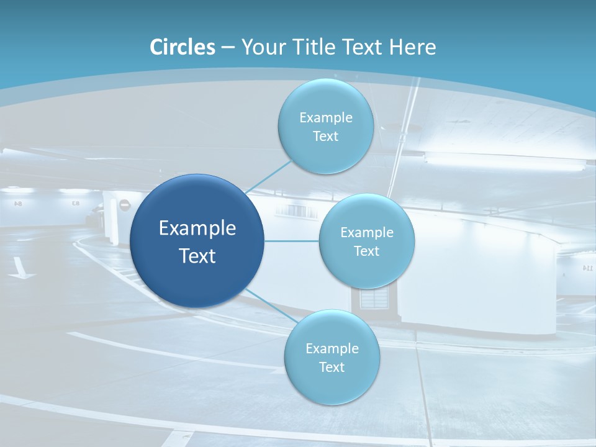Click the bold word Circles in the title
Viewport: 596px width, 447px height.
183,47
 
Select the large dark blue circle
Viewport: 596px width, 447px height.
197,241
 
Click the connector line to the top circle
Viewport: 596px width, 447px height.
269,176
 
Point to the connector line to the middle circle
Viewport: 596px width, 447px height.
292,241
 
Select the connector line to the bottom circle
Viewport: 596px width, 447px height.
271,307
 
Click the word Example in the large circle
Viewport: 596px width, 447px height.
197,228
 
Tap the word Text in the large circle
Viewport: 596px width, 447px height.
197,256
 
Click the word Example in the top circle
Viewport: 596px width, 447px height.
325,118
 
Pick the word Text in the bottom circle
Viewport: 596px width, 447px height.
332,367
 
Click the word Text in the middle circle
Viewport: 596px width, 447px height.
366,251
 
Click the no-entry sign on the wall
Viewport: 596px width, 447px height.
124,204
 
